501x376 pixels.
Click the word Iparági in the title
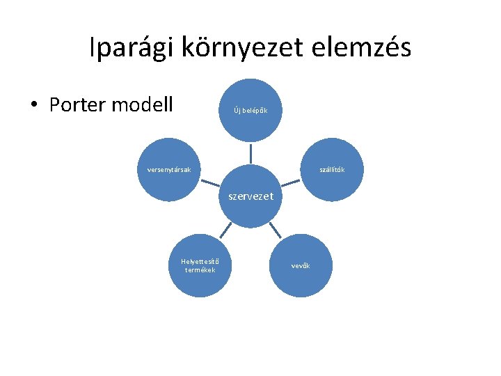click(x=132, y=48)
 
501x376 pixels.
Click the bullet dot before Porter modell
click(x=33, y=106)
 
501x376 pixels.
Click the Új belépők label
click(x=251, y=111)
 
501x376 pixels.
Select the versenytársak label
click(x=170, y=169)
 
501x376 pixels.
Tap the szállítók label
click(x=332, y=169)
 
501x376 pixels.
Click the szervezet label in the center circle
click(x=251, y=196)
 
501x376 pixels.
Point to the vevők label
click(x=301, y=266)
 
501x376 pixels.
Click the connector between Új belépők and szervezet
click(x=251, y=154)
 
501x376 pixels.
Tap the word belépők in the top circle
click(x=255, y=111)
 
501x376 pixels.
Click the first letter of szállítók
click(x=321, y=169)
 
